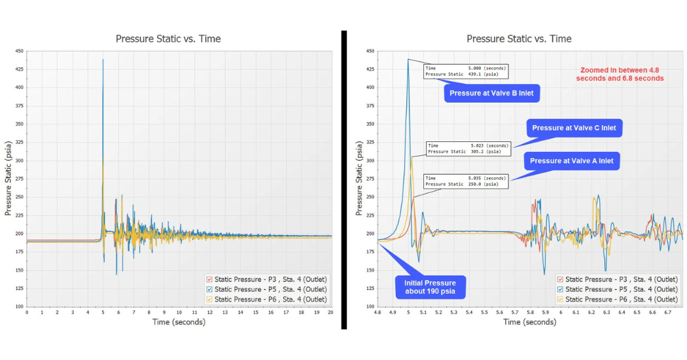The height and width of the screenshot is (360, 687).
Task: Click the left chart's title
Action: (x=168, y=39)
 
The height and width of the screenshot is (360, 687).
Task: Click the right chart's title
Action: (x=519, y=39)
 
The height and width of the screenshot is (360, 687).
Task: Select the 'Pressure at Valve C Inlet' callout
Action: (x=574, y=128)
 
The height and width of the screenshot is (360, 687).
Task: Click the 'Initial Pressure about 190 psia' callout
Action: (x=430, y=287)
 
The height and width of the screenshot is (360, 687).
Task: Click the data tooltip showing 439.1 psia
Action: (x=465, y=71)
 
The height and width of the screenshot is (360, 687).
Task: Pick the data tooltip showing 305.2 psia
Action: (x=468, y=149)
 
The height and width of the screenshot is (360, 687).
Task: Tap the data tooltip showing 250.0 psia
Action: (x=466, y=181)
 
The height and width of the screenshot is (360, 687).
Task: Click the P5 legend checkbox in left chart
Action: (x=209, y=289)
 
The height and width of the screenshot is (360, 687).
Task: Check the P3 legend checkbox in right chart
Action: (x=560, y=279)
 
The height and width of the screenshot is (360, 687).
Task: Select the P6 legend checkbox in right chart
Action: (x=560, y=299)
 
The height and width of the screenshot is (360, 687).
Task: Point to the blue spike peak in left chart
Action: (x=103, y=60)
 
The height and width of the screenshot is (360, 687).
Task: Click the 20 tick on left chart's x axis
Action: (x=330, y=313)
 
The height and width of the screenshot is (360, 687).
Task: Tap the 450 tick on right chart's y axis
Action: (x=370, y=51)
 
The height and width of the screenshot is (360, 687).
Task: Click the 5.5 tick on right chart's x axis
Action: (x=484, y=313)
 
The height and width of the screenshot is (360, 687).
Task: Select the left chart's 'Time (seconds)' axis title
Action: (x=179, y=322)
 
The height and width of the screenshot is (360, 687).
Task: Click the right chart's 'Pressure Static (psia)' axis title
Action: (x=359, y=179)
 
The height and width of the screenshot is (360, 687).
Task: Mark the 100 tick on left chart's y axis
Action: (x=19, y=307)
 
